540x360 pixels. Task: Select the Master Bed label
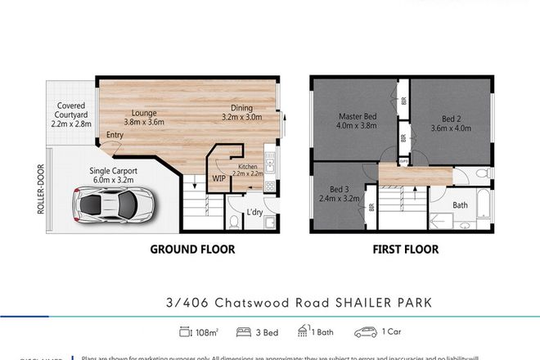click(x=357, y=121)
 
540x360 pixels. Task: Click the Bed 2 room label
click(x=452, y=121)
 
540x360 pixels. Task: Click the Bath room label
click(x=461, y=205)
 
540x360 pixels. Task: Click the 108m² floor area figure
click(x=207, y=332)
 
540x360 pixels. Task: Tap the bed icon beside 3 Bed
click(x=242, y=332)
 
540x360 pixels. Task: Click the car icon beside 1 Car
click(x=364, y=332)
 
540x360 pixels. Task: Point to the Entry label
click(x=115, y=136)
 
